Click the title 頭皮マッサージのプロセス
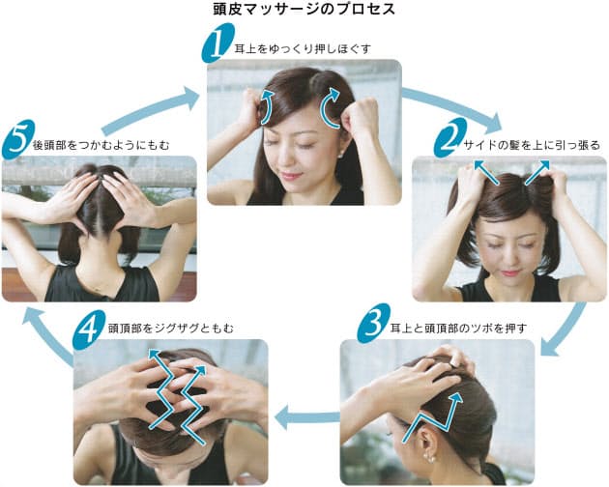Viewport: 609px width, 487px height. point(304,9)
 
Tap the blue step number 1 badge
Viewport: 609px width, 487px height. point(217,43)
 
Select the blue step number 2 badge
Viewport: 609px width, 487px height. point(450,137)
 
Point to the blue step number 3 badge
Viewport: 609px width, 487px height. point(374,323)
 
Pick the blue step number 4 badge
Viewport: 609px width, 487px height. point(89,329)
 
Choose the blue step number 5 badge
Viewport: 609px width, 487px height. point(18,139)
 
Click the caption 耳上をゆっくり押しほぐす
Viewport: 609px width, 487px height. point(303,49)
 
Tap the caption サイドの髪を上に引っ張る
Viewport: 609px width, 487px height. point(532,145)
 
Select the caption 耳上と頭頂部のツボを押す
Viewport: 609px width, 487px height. point(459,329)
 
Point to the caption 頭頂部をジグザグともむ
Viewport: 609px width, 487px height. point(171,329)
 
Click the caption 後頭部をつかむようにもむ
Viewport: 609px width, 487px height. point(101,145)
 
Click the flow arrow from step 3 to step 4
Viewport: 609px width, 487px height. point(306,418)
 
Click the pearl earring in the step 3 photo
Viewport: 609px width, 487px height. point(430,458)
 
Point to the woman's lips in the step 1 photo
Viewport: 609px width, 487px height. point(291,175)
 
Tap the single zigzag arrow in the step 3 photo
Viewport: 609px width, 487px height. point(432,418)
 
